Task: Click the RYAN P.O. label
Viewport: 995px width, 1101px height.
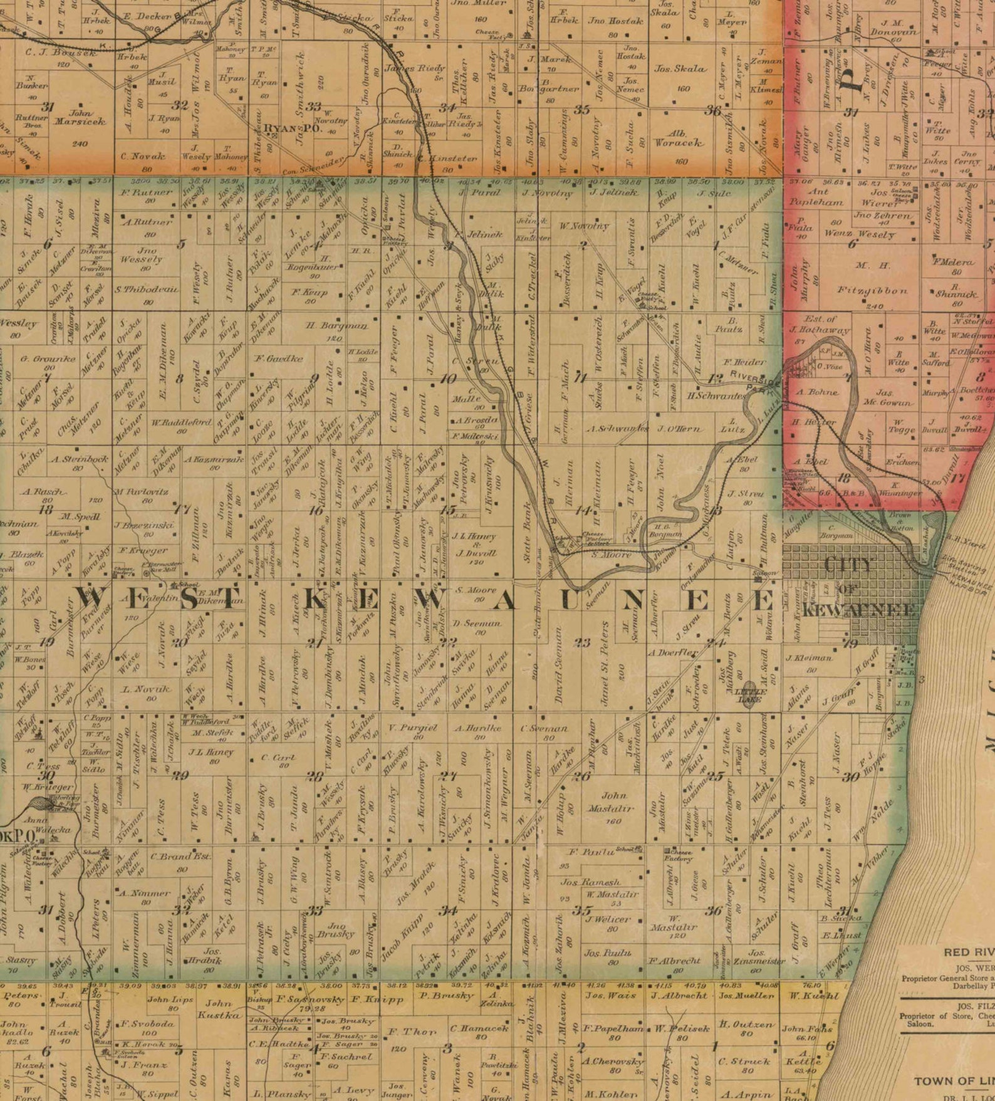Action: [x=284, y=128]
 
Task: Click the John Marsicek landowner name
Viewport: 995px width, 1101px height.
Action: [x=87, y=118]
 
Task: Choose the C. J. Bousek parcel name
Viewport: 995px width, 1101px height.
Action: [x=61, y=53]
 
